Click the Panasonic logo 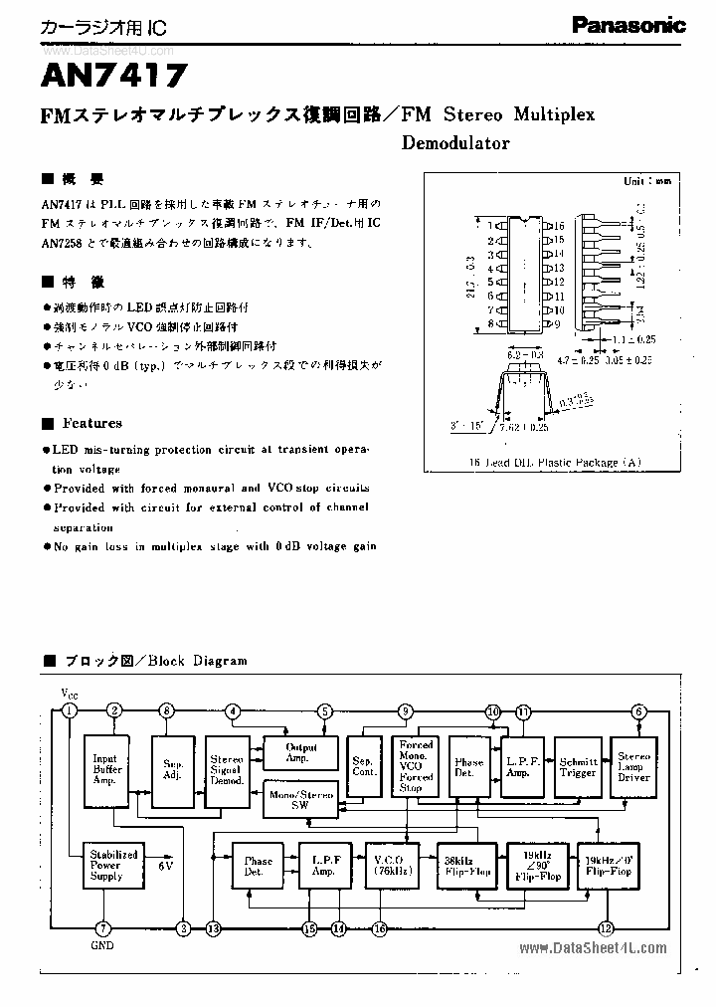627,26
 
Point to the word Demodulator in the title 455,142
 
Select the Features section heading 92,423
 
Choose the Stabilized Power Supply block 113,865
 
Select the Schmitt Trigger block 577,766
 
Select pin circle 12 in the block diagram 606,928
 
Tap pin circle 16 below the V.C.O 379,928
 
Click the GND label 101,946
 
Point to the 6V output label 165,866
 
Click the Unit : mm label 647,181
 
